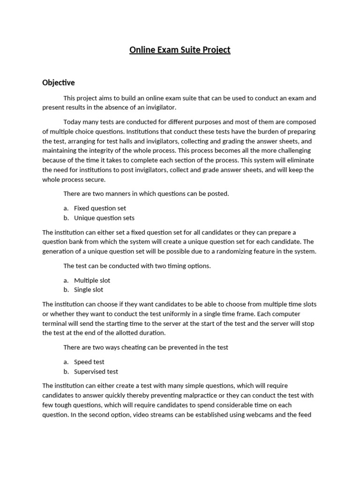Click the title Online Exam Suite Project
point(180,50)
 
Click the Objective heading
point(59,82)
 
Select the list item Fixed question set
point(100,208)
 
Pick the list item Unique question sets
point(104,218)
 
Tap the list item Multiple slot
point(92,280)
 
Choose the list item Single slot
point(89,290)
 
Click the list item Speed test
point(89,362)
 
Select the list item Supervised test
point(96,372)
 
